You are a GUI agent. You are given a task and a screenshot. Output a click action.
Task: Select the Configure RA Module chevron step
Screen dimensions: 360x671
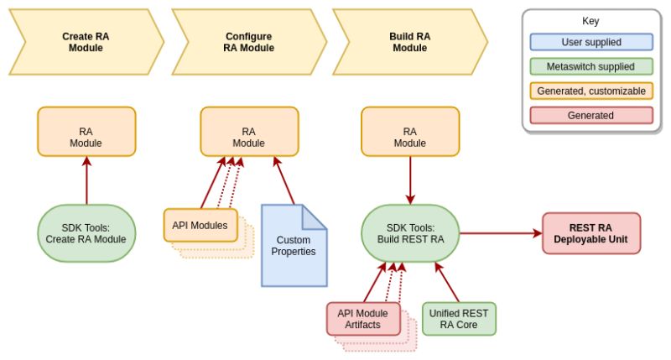pyautogui.click(x=248, y=43)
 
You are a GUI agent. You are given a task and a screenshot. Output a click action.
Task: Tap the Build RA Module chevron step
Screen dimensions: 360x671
pyautogui.click(x=409, y=43)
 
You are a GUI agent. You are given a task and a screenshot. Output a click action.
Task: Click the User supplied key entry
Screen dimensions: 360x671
pyautogui.click(x=591, y=42)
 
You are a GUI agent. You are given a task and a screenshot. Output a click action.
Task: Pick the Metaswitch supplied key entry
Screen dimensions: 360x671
pyautogui.click(x=591, y=66)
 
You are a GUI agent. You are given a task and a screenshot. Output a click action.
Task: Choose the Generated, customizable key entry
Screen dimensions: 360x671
pyautogui.click(x=591, y=91)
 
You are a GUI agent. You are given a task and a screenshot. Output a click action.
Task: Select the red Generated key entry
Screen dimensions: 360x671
pyautogui.click(x=591, y=115)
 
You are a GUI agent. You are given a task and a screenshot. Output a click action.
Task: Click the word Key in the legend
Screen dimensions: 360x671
pyautogui.click(x=591, y=21)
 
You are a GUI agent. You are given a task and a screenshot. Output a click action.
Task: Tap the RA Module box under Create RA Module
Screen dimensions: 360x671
pyautogui.click(x=86, y=132)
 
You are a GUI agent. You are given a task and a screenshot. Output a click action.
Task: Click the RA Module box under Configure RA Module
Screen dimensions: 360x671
pyautogui.click(x=248, y=132)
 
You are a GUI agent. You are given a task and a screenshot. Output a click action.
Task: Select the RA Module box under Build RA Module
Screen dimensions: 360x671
pyautogui.click(x=409, y=132)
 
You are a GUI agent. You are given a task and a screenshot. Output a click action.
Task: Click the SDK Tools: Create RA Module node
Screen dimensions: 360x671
pyautogui.click(x=86, y=233)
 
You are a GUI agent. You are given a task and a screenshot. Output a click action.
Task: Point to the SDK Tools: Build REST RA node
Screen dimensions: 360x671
pyautogui.click(x=409, y=233)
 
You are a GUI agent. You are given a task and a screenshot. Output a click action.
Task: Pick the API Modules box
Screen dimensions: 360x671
pyautogui.click(x=200, y=225)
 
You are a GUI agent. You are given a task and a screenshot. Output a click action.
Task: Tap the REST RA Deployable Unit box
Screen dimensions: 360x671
pyautogui.click(x=590, y=233)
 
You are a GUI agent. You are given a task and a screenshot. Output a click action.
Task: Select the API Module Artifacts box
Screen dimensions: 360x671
pyautogui.click(x=362, y=319)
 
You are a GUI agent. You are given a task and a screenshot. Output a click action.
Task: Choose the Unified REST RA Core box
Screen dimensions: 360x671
pyautogui.click(x=459, y=319)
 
